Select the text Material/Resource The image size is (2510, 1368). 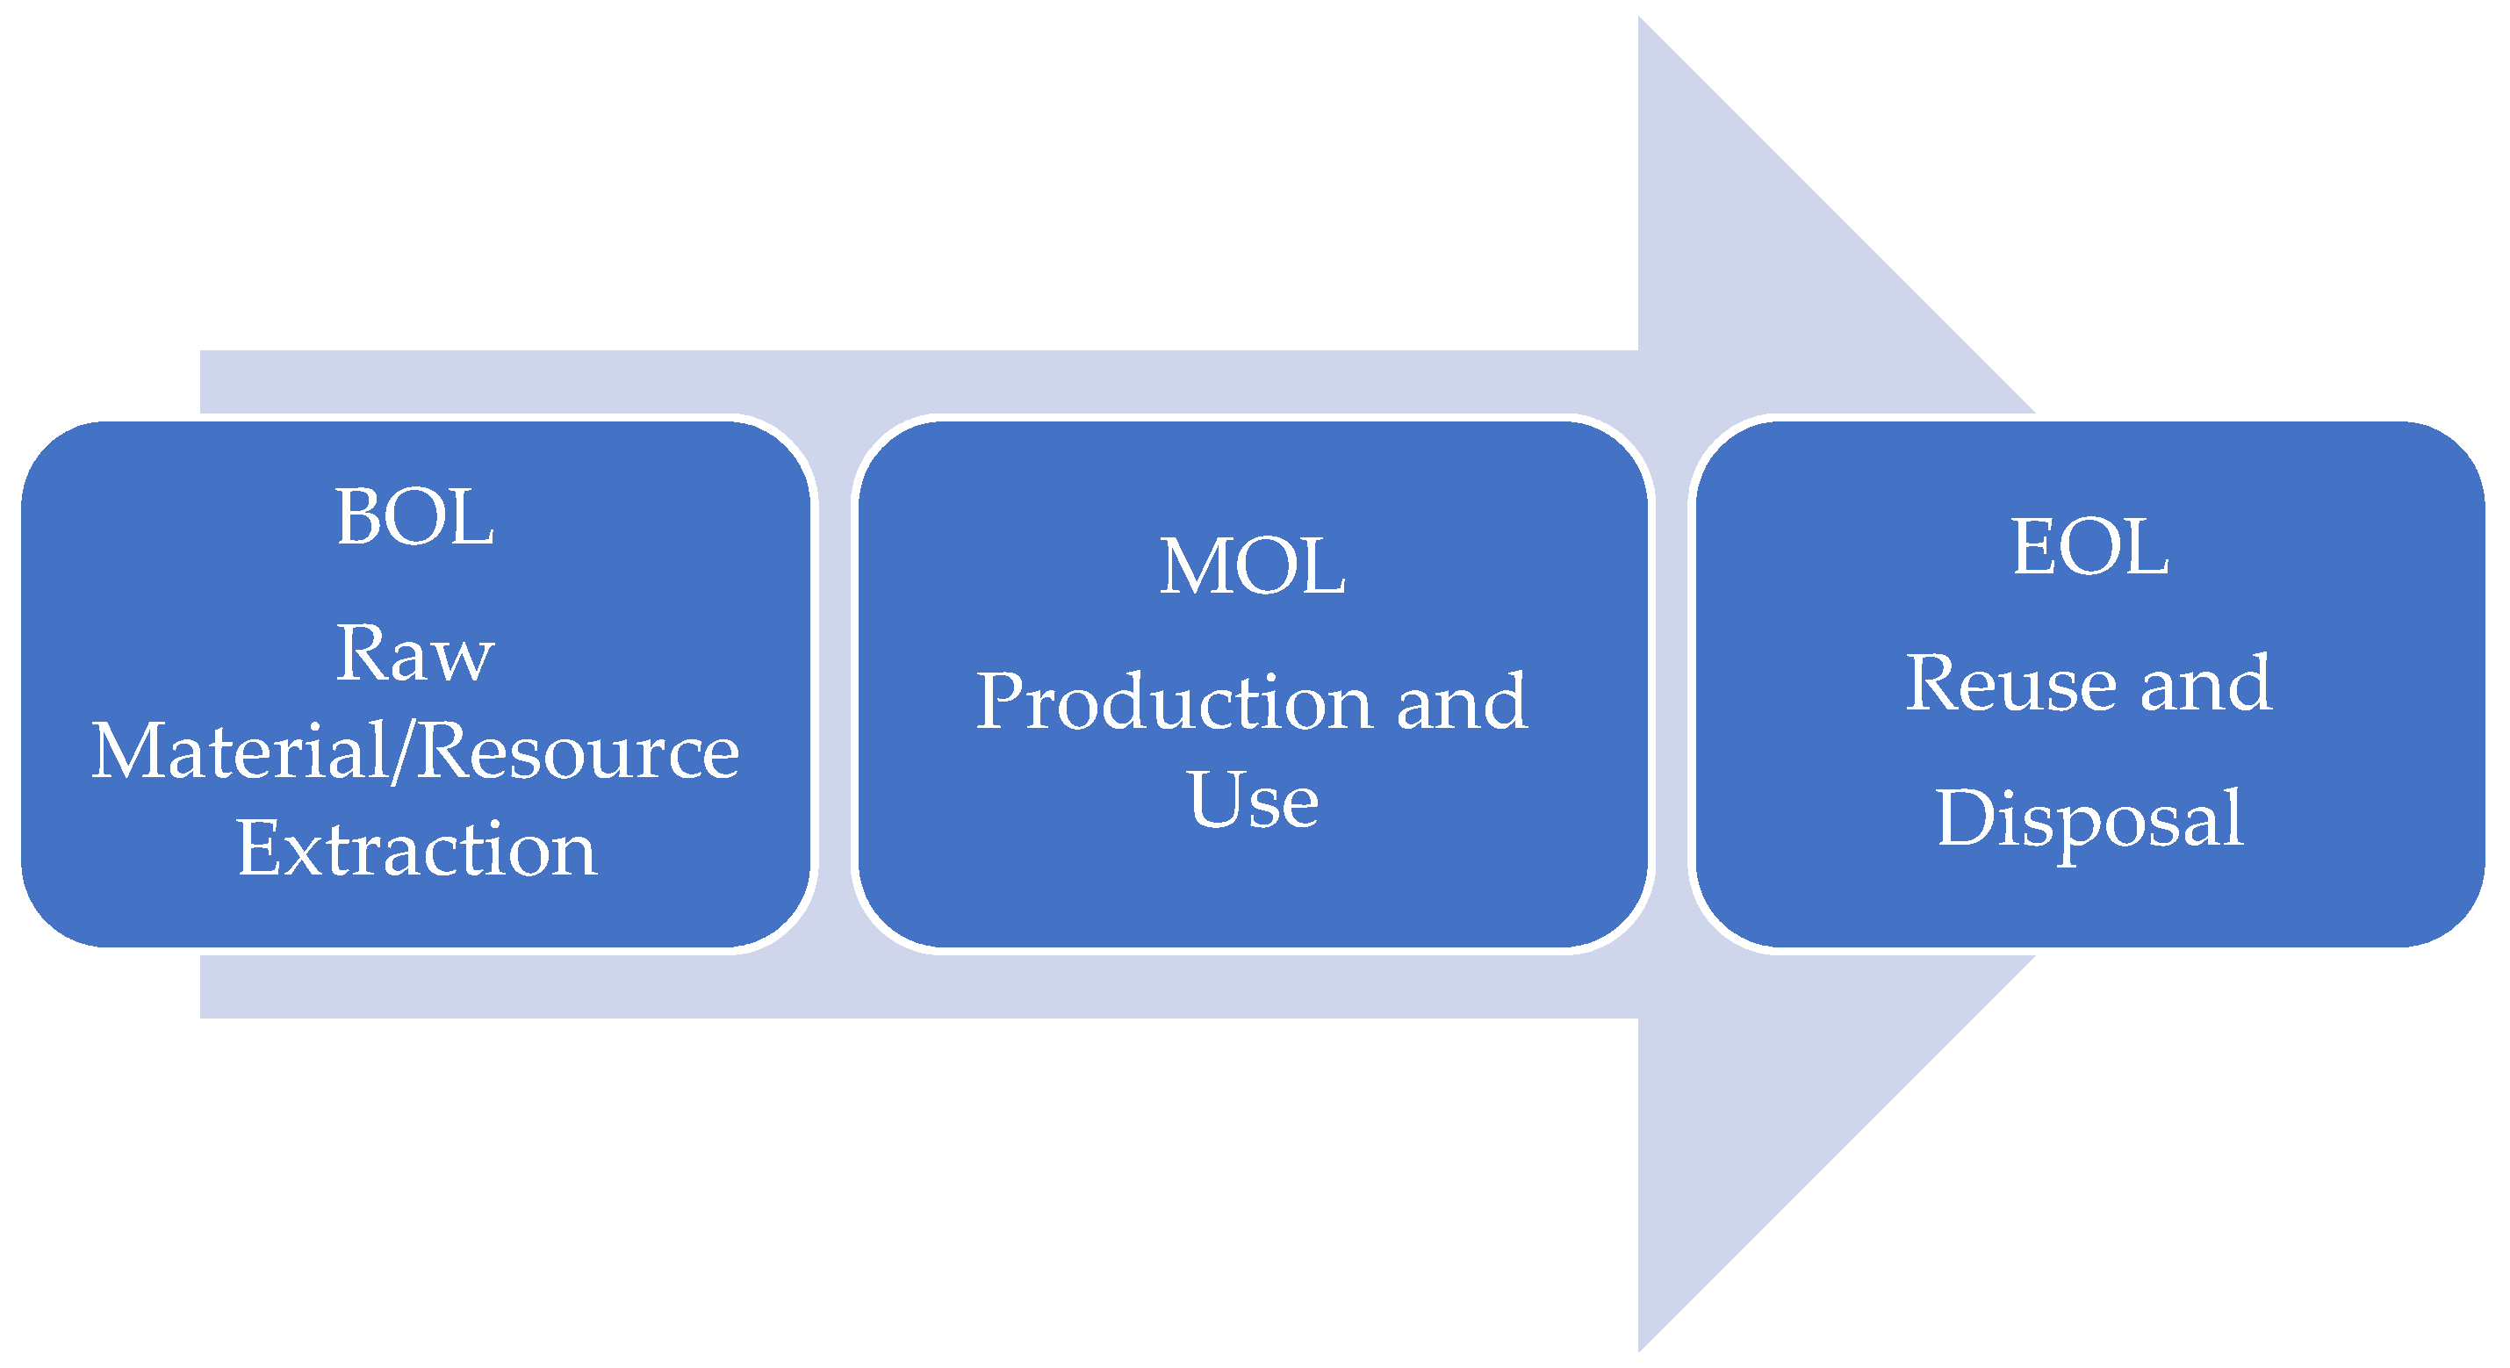pos(415,752)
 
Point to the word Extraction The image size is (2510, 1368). pos(416,849)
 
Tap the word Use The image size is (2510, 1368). pos(1253,800)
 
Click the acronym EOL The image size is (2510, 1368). pos(2090,547)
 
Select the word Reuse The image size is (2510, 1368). pos(2010,683)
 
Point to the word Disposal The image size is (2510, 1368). pos(2090,818)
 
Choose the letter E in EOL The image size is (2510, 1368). pos(2032,547)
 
